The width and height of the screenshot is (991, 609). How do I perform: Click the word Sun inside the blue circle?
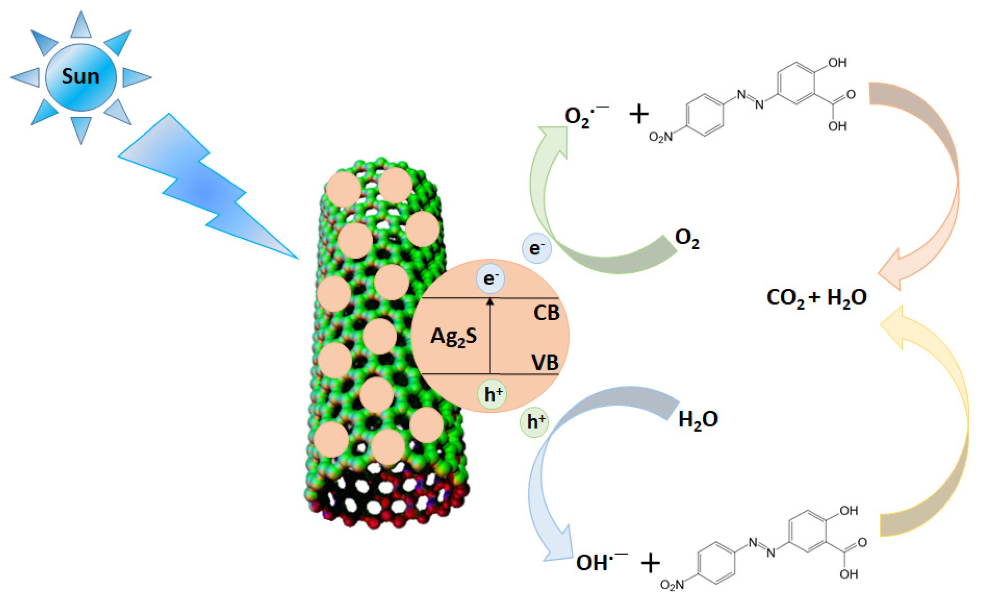tap(81, 76)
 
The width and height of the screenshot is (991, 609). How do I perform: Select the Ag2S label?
tap(454, 337)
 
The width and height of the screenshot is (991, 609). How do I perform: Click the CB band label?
tap(546, 313)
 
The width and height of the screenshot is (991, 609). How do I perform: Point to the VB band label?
tap(545, 363)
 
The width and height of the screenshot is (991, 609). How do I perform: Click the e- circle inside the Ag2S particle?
tap(490, 279)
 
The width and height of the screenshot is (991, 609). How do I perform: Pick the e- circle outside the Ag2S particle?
tap(536, 248)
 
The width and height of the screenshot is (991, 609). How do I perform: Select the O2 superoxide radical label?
tap(582, 117)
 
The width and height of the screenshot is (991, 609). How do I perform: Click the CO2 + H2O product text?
tap(816, 299)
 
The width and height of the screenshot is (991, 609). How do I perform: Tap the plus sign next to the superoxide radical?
tap(639, 114)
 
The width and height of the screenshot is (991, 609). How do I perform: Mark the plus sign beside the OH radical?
tap(650, 563)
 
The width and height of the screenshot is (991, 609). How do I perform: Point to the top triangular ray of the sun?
tap(81, 25)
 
